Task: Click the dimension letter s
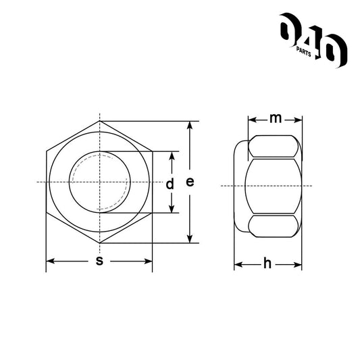[99, 261]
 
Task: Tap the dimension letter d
[170, 183]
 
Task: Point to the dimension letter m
[275, 120]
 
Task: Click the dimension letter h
[267, 264]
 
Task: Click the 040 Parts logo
[313, 39]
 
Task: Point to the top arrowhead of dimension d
[171, 155]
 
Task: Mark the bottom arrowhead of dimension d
[171, 209]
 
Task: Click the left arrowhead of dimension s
[50, 261]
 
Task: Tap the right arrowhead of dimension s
[148, 261]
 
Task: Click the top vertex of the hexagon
[99, 122]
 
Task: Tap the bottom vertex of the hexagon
[99, 242]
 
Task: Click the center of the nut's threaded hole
[99, 182]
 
